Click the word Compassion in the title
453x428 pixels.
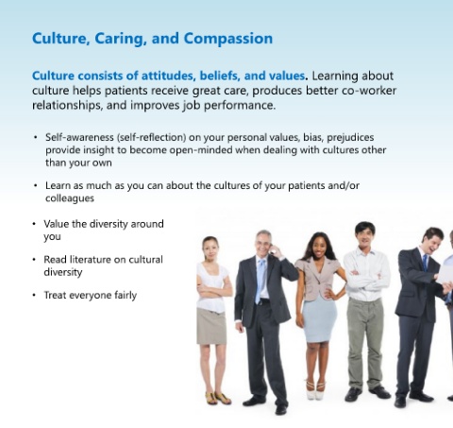[x=228, y=39]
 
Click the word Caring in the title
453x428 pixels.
[x=121, y=39]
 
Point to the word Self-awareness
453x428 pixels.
[x=79, y=137]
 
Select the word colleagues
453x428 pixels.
[x=70, y=198]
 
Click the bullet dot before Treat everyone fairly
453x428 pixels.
[x=34, y=295]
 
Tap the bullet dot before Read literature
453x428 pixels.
[x=34, y=260]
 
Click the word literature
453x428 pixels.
[x=90, y=260]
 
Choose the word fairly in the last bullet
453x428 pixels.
[x=126, y=296]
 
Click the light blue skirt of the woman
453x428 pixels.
[x=319, y=318]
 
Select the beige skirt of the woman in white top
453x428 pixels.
[x=211, y=326]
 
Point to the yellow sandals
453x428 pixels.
[x=218, y=398]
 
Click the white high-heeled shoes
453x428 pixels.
[x=315, y=390]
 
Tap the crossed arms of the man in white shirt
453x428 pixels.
[x=367, y=277]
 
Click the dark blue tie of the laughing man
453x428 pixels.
[x=425, y=263]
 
